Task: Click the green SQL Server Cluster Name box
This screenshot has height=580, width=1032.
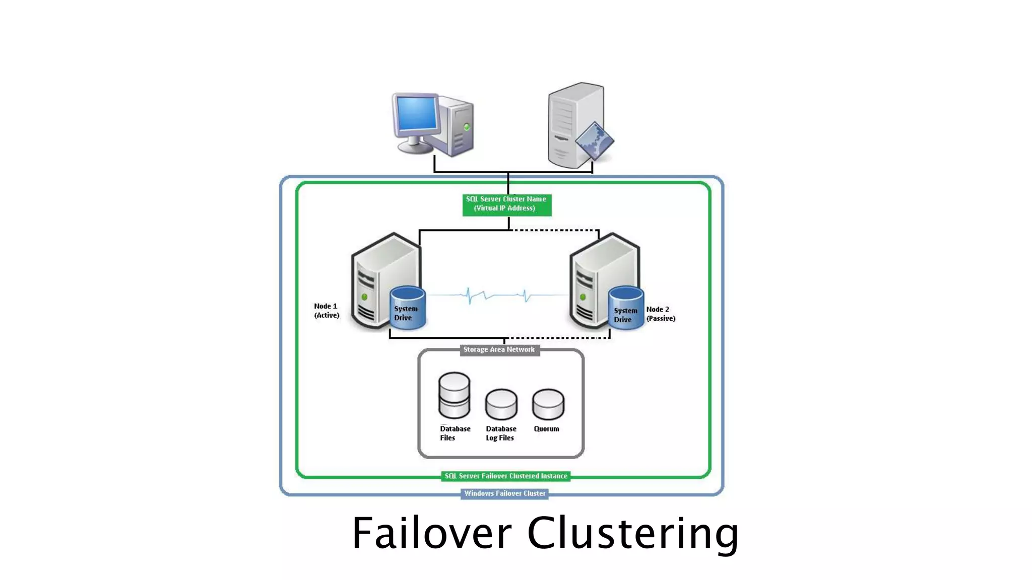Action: [x=506, y=204]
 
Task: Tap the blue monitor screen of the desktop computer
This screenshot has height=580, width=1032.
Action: [x=417, y=114]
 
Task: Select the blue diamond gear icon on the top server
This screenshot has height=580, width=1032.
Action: [x=594, y=140]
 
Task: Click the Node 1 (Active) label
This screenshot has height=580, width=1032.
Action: [x=326, y=311]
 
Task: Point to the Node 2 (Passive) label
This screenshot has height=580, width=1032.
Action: [x=660, y=314]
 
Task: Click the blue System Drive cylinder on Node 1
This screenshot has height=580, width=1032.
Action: [x=407, y=308]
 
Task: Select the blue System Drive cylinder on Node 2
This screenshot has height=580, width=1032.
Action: [x=625, y=309]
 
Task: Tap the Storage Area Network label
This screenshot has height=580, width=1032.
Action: [x=499, y=350]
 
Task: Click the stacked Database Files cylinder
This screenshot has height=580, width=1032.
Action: [x=454, y=396]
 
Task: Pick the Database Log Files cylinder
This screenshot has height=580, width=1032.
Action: [x=501, y=404]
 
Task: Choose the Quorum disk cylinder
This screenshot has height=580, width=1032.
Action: [x=548, y=404]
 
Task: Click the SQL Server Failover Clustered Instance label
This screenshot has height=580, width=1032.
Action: [x=505, y=476]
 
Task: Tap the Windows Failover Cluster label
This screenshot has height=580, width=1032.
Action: [x=504, y=493]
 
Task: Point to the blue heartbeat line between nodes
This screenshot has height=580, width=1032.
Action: [x=496, y=295]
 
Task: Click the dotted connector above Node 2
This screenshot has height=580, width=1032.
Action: [x=554, y=230]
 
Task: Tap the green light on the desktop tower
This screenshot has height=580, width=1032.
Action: [x=467, y=127]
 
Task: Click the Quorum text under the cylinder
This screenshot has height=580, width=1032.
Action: [x=546, y=429]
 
